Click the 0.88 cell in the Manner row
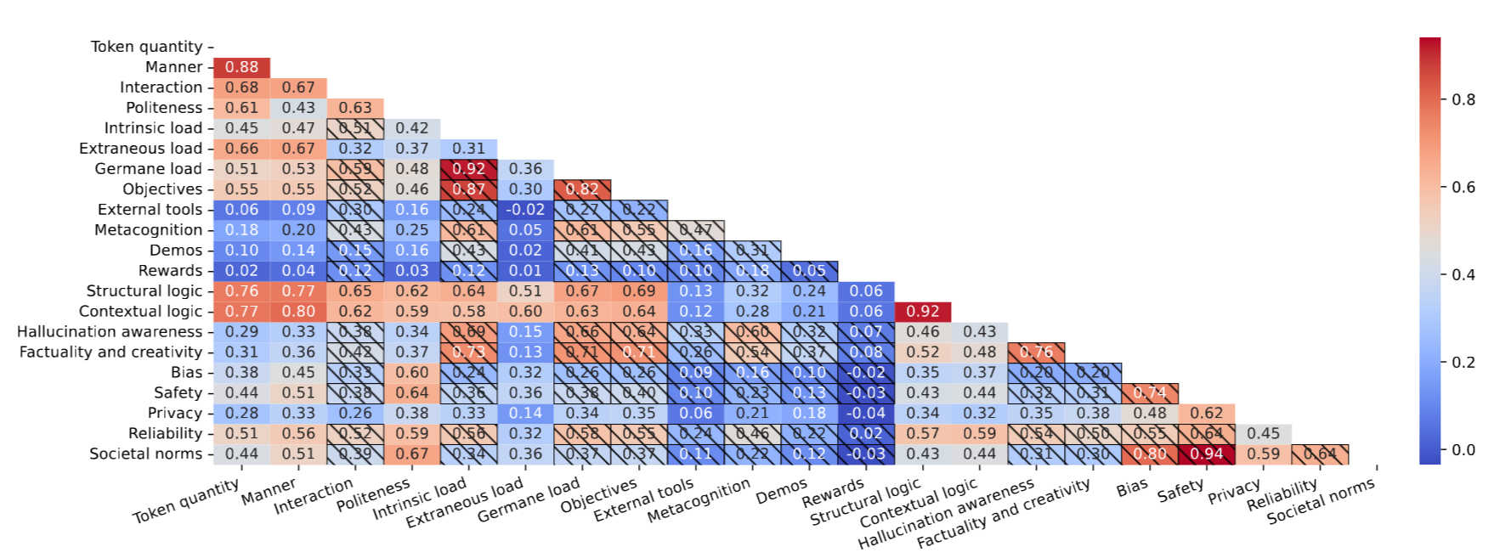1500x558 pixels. pos(242,67)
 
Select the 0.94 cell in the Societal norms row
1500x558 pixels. pos(1207,454)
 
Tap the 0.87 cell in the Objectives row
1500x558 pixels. pos(469,189)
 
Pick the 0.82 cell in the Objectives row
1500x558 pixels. pos(582,189)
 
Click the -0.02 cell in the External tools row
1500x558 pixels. pos(525,210)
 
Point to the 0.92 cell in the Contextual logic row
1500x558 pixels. pos(923,312)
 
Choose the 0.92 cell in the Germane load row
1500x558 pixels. pos(469,169)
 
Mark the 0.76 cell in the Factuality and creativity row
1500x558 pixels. pos(1036,352)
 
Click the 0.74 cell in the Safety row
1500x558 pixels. pos(1150,393)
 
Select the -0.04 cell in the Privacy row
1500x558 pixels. pos(866,414)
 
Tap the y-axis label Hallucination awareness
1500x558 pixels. pos(110,332)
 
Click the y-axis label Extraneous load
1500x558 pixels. pos(140,149)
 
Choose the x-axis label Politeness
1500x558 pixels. pos(373,496)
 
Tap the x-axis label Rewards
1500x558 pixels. pos(834,494)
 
